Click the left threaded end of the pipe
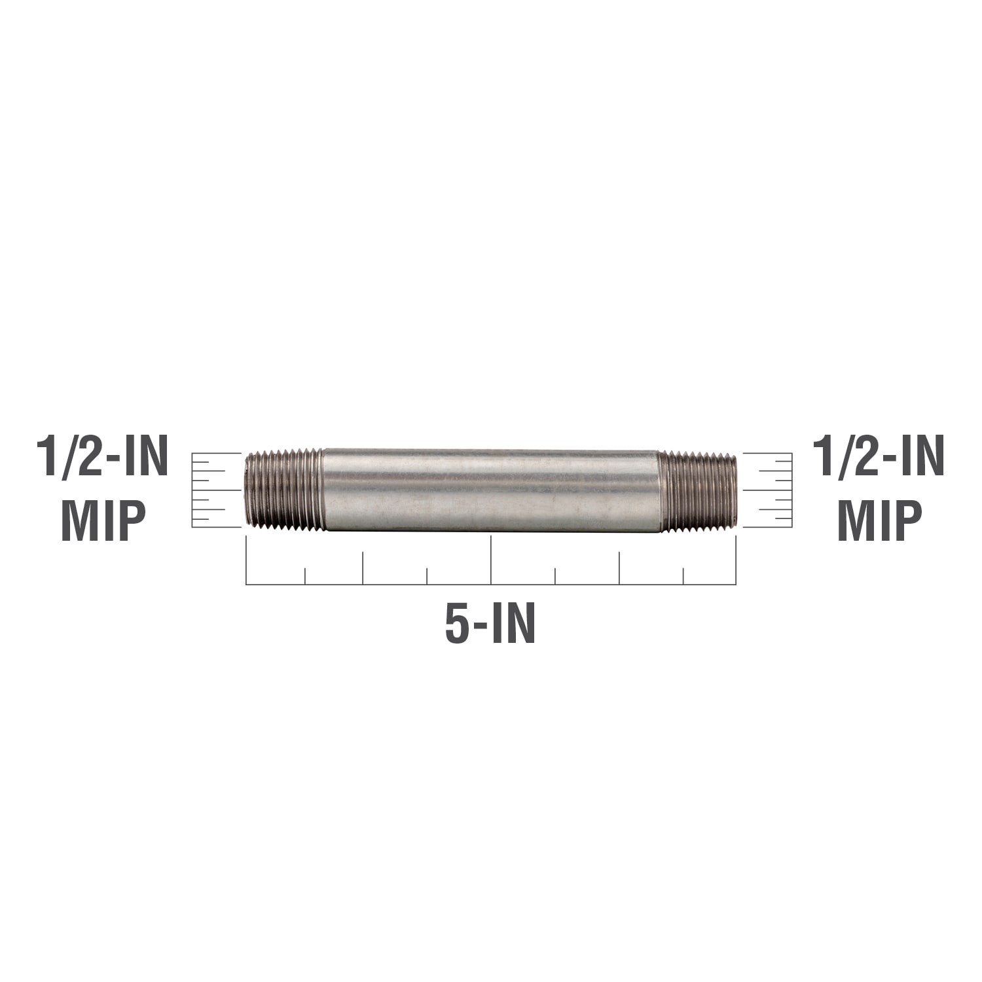[284, 489]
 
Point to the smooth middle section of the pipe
[490, 489]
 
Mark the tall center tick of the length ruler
[491, 560]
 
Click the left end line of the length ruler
[246, 560]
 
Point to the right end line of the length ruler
[736, 560]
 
